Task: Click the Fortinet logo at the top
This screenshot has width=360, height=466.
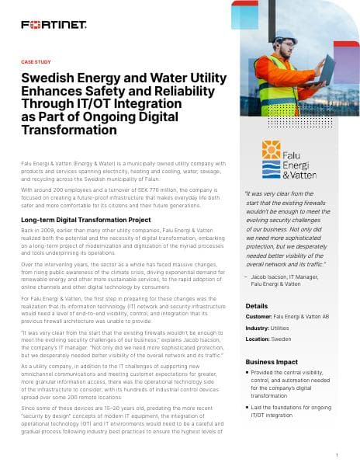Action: pyautogui.click(x=54, y=25)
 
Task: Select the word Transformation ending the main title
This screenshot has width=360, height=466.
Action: pyautogui.click(x=68, y=130)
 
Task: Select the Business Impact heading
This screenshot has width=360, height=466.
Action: pyautogui.click(x=272, y=363)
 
